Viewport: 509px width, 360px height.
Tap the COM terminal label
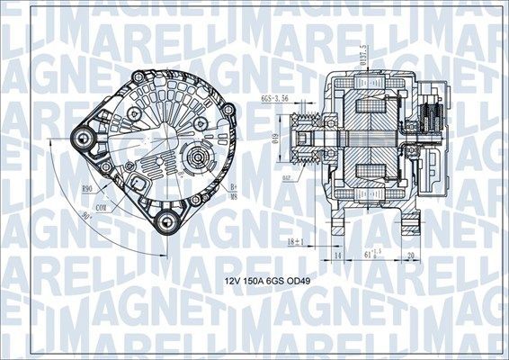click(x=102, y=206)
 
